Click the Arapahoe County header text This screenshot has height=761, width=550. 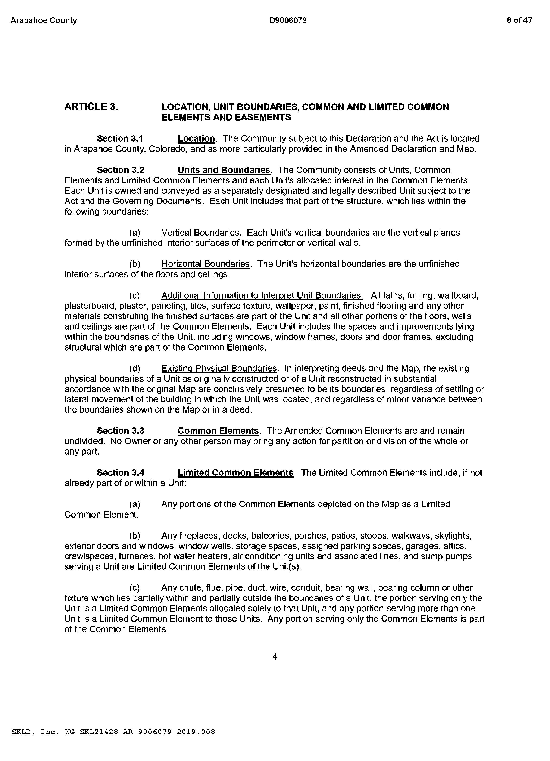[x=44, y=20]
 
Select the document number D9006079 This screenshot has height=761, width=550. [x=288, y=20]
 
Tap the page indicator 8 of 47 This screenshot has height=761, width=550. [x=519, y=20]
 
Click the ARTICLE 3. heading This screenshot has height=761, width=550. [x=91, y=107]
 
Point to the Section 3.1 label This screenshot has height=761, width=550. [x=120, y=139]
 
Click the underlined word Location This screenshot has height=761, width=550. [x=196, y=139]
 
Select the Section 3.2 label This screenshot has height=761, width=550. [x=120, y=170]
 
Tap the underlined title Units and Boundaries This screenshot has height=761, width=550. [x=224, y=170]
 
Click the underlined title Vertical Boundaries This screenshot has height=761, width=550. [x=200, y=233]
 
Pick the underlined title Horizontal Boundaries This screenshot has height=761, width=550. [x=206, y=264]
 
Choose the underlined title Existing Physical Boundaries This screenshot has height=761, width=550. [x=219, y=368]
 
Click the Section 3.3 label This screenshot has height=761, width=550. [x=120, y=431]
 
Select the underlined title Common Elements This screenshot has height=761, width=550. [x=218, y=431]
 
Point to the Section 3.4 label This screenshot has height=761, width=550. [x=120, y=473]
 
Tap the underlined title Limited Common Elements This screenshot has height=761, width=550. [x=235, y=473]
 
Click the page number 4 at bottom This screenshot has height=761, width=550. [x=275, y=657]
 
